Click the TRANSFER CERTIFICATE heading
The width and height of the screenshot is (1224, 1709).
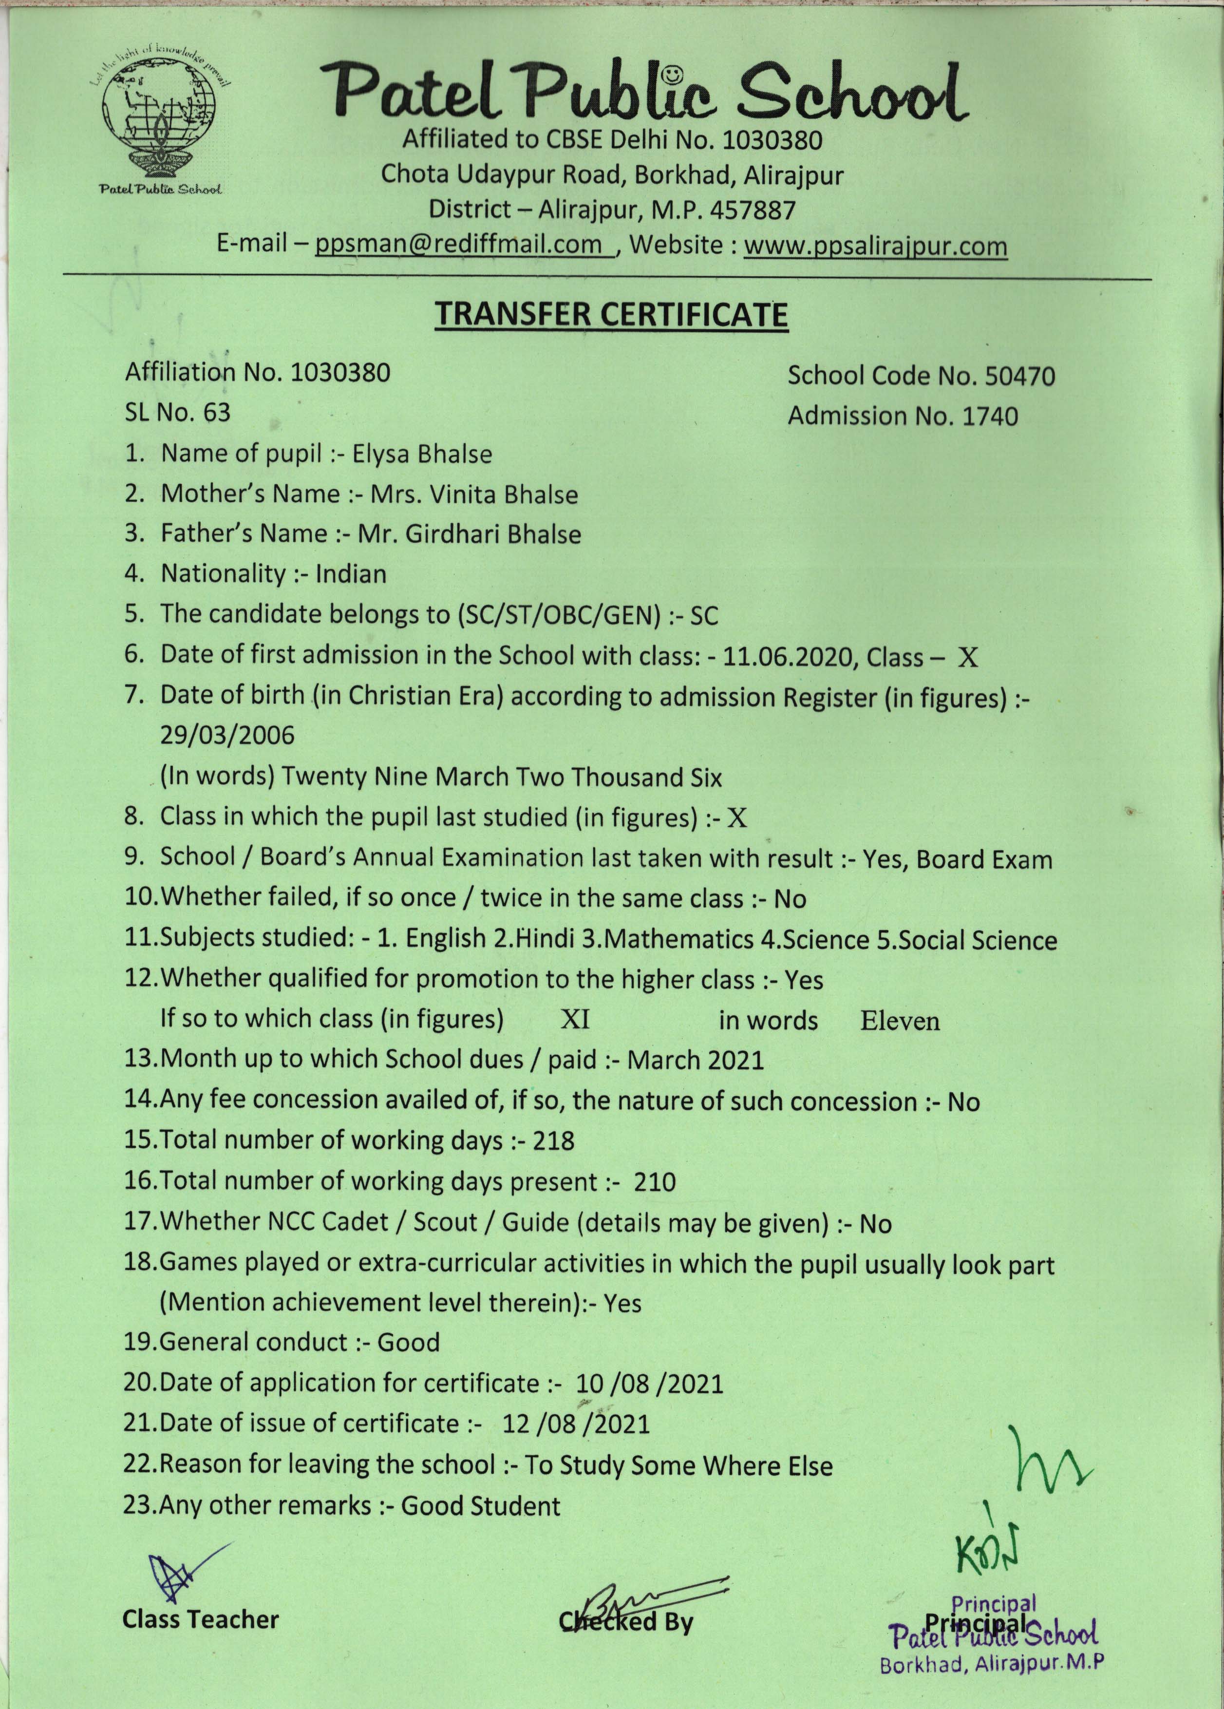[x=612, y=315]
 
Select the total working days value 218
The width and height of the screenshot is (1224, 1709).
[x=554, y=1141]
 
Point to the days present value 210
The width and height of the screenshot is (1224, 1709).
[x=655, y=1181]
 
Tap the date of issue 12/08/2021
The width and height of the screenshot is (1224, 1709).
[x=575, y=1424]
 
